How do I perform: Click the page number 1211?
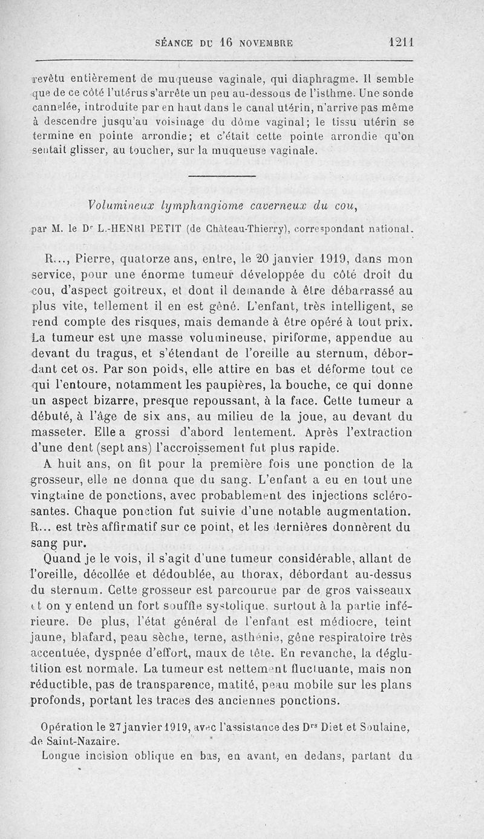point(401,43)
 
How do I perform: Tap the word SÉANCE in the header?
point(176,44)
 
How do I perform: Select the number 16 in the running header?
point(226,43)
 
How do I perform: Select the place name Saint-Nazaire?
point(74,740)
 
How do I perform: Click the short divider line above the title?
point(222,176)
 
